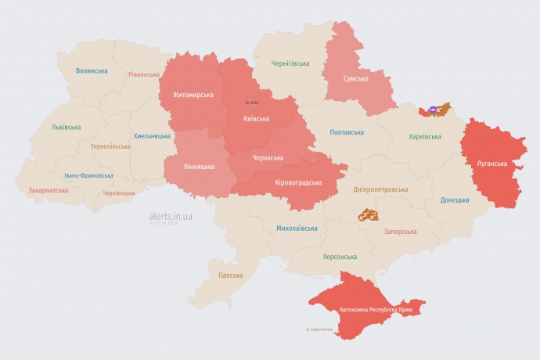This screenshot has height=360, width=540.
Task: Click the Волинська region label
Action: (x=92, y=71)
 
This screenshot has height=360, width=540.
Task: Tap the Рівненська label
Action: (x=144, y=75)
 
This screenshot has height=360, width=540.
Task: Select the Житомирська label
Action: (x=188, y=95)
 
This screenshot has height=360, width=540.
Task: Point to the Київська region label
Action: (x=257, y=119)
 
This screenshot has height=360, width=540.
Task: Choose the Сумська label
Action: (x=356, y=78)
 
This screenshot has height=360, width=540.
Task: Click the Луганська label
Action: (x=492, y=164)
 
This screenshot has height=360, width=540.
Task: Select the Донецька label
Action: (x=455, y=200)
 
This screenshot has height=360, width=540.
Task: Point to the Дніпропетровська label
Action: (x=380, y=189)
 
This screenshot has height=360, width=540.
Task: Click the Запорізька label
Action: (x=400, y=232)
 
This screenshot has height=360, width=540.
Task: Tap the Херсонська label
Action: (x=340, y=257)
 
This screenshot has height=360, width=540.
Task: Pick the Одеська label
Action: (x=230, y=275)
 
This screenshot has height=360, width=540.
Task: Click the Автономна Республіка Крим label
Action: (x=376, y=311)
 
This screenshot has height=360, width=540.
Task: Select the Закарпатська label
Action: (x=48, y=190)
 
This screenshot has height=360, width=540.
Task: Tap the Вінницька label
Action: (x=200, y=167)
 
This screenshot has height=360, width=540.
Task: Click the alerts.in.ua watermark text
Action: (x=171, y=215)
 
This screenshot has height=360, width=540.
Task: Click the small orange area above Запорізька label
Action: (x=368, y=214)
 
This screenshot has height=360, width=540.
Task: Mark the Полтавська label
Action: (x=347, y=132)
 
